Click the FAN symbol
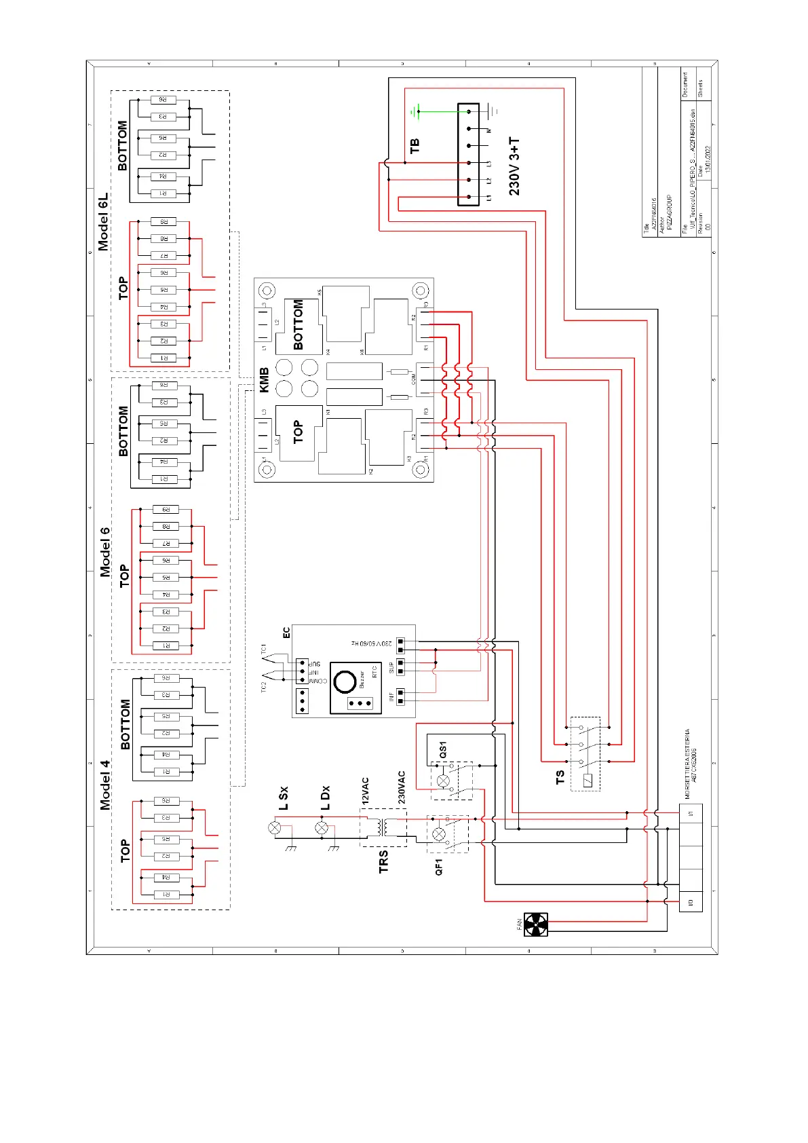[535, 924]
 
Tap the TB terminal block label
[415, 145]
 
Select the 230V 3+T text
[515, 166]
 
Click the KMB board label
[265, 379]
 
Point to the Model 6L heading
[103, 222]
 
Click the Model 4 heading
[105, 785]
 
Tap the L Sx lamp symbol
[275, 827]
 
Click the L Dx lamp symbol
[322, 827]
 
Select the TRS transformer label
[384, 861]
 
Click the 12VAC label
[365, 791]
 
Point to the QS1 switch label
[443, 749]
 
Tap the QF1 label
[439, 867]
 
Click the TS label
[560, 777]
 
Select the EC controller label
[286, 633]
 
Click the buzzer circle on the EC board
[345, 681]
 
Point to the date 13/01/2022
[708, 159]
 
